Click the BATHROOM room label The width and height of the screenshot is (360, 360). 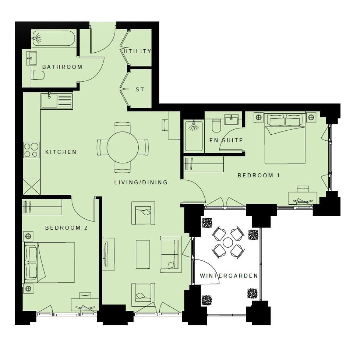click(x=62, y=67)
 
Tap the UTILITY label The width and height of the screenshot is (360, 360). click(x=137, y=51)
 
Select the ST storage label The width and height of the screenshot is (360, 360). click(x=140, y=90)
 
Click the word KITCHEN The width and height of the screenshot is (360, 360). click(x=61, y=152)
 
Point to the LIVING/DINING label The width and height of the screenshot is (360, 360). click(x=141, y=182)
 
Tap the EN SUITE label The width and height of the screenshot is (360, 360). click(x=226, y=140)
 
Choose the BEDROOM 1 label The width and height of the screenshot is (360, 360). click(x=259, y=176)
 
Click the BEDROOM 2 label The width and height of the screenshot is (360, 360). click(x=66, y=228)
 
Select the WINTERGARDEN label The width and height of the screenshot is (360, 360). click(x=229, y=276)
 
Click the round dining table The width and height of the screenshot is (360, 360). click(x=123, y=147)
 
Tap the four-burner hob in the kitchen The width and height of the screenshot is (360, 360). click(x=31, y=150)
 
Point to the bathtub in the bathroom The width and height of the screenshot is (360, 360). click(x=53, y=39)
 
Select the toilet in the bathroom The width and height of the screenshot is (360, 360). click(x=38, y=75)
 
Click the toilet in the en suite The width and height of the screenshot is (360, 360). click(x=216, y=126)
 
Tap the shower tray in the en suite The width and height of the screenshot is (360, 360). click(x=194, y=136)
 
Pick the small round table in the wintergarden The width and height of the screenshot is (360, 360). click(x=228, y=243)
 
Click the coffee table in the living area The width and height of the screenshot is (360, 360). click(x=143, y=255)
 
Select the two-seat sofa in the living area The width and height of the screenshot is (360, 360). click(x=171, y=255)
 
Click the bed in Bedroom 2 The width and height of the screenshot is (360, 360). click(x=49, y=262)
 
